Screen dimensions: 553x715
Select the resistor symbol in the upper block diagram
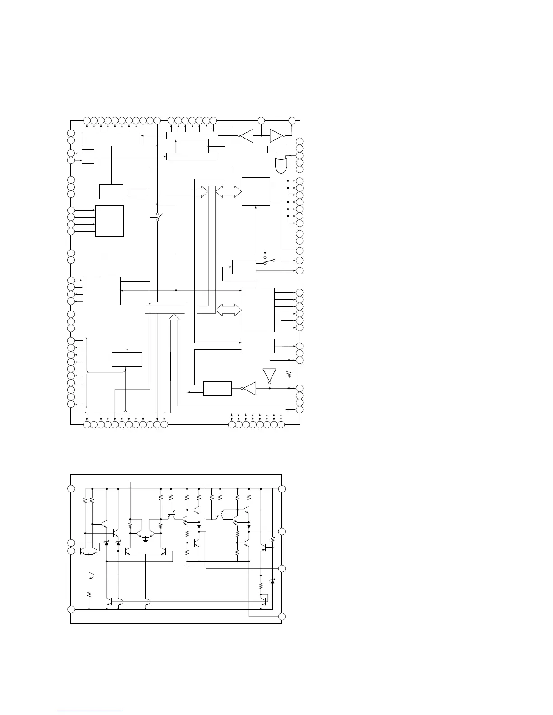[288, 374]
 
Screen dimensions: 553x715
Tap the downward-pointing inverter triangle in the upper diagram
[269, 375]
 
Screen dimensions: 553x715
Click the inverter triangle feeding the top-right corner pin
[276, 135]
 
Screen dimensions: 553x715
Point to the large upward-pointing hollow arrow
[174, 318]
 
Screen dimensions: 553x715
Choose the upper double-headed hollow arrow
[229, 192]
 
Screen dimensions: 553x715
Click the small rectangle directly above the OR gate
[276, 149]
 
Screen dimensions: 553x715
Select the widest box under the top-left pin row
[111, 139]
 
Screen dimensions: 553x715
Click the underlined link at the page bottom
[90, 711]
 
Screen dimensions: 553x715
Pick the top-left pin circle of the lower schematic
[71, 489]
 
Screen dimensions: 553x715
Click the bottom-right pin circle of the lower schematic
[282, 617]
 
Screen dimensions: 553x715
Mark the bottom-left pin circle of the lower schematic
[71, 609]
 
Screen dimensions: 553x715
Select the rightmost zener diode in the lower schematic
[272, 581]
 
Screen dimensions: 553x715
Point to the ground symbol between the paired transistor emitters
[145, 540]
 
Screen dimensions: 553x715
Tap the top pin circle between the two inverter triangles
[261, 120]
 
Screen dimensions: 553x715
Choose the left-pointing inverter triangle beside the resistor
[249, 388]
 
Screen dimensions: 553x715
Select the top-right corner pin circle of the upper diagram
[292, 120]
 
